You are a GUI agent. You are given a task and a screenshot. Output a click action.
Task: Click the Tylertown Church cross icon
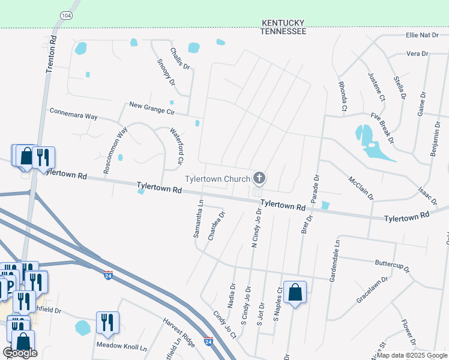259,177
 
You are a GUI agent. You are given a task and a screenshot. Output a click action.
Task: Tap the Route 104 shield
66,15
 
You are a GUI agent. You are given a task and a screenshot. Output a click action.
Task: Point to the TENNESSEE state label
284,31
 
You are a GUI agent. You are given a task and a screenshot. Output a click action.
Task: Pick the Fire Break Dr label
382,128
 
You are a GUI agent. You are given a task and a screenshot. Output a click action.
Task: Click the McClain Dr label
360,188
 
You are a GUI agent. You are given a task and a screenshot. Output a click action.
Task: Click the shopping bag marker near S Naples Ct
295,293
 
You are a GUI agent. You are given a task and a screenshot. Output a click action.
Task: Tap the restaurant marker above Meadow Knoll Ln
107,322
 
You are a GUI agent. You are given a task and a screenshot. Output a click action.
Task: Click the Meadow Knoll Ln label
122,347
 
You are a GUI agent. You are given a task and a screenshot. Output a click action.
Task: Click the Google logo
20,353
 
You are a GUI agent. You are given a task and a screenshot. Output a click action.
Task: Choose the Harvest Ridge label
179,332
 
